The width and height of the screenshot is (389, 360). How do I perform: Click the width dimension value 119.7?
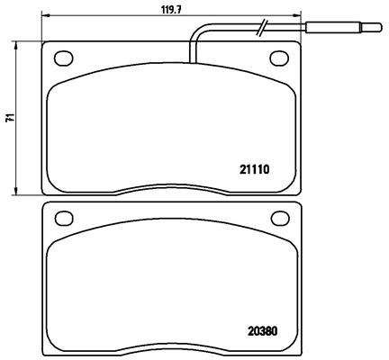pyautogui.click(x=172, y=10)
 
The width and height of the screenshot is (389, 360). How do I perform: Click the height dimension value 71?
pyautogui.click(x=10, y=118)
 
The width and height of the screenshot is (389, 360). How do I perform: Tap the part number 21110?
pyautogui.click(x=255, y=170)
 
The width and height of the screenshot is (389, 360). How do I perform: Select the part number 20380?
pyautogui.click(x=262, y=331)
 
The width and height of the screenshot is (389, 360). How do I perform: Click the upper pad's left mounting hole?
pyautogui.click(x=64, y=58)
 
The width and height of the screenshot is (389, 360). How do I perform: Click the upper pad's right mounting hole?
pyautogui.click(x=279, y=58)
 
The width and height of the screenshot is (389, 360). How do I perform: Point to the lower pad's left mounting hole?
pyautogui.click(x=64, y=218)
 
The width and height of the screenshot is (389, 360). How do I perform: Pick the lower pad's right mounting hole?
pyautogui.click(x=280, y=218)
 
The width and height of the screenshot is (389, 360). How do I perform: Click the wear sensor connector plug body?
pyautogui.click(x=332, y=28)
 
